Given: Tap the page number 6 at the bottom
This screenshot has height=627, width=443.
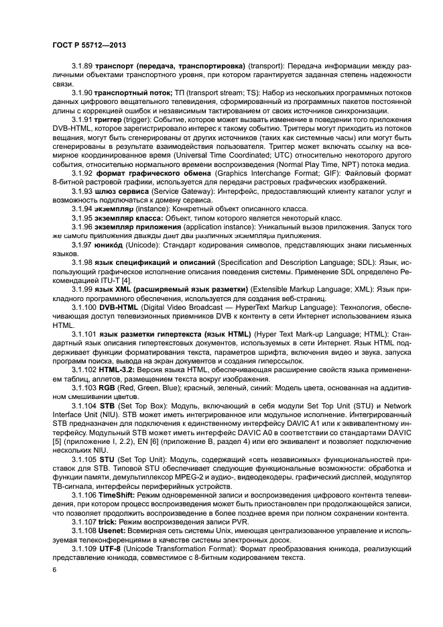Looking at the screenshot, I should (55, 569).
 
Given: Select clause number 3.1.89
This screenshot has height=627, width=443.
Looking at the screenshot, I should (83, 68).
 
